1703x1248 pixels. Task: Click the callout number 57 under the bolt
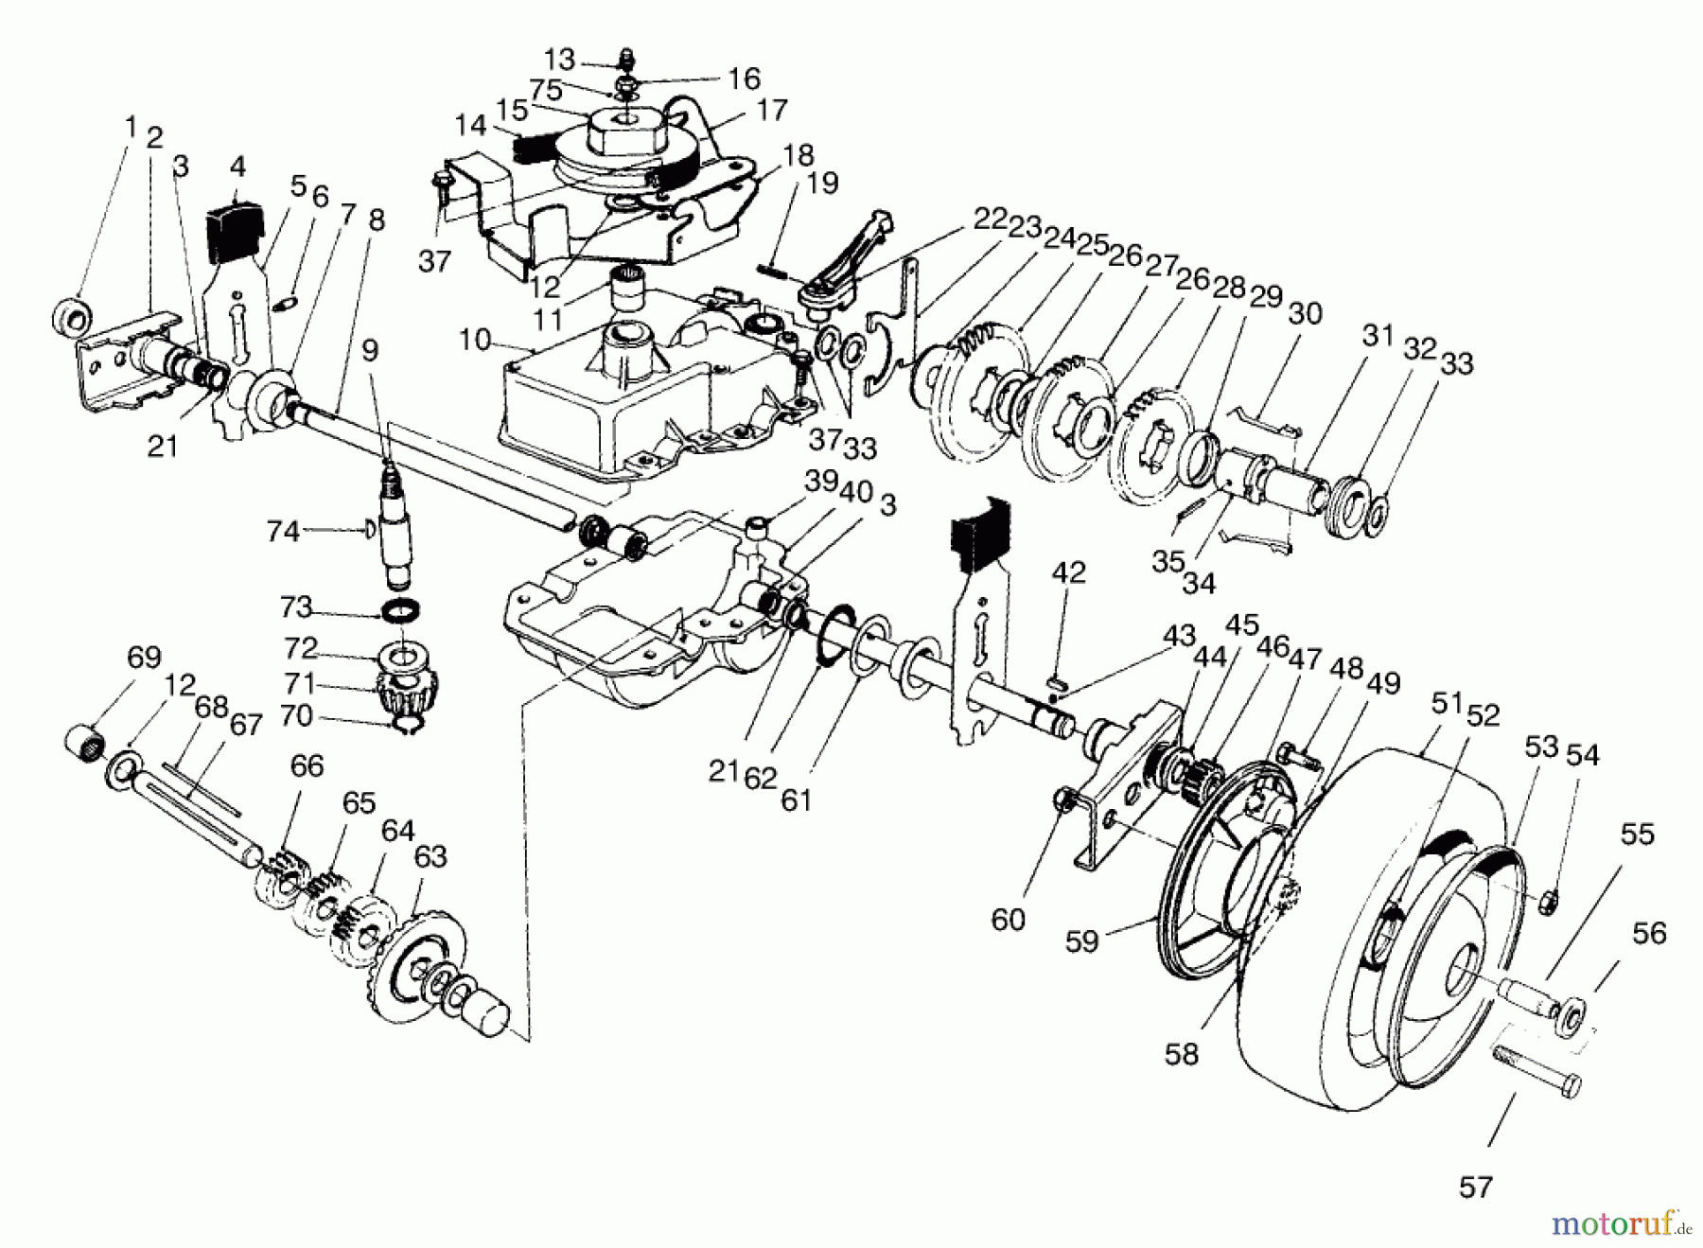1475,1187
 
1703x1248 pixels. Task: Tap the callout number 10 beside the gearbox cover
476,339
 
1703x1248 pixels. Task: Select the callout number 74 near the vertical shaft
283,532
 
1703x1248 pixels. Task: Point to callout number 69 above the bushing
144,658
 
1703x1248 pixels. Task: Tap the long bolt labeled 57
1537,1067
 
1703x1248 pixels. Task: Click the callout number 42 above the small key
1068,573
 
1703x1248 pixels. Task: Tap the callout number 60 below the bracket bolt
1008,919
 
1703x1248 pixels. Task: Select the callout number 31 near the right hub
1378,336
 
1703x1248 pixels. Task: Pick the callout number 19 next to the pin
823,184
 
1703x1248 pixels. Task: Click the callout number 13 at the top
559,60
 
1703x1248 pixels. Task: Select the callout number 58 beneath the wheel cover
1182,1054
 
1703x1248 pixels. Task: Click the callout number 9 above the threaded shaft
370,351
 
